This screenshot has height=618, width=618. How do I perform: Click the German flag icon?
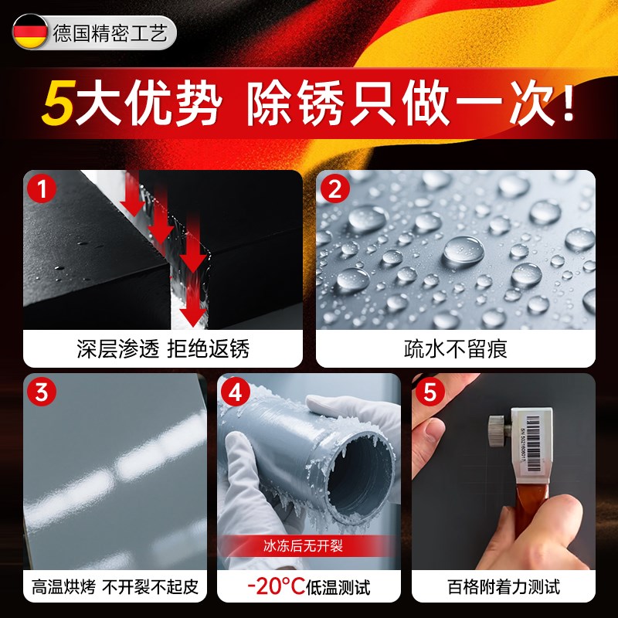(x=30, y=32)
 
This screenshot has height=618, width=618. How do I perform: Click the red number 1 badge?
(x=40, y=188)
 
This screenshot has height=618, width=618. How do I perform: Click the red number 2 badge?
(x=334, y=188)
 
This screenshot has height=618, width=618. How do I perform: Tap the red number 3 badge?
(x=40, y=391)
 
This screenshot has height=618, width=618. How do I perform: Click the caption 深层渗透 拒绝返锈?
(x=163, y=348)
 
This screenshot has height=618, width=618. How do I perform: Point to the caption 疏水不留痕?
(x=455, y=348)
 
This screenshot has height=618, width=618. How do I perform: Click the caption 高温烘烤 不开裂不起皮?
(x=115, y=586)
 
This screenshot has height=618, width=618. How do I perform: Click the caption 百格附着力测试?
(x=504, y=586)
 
